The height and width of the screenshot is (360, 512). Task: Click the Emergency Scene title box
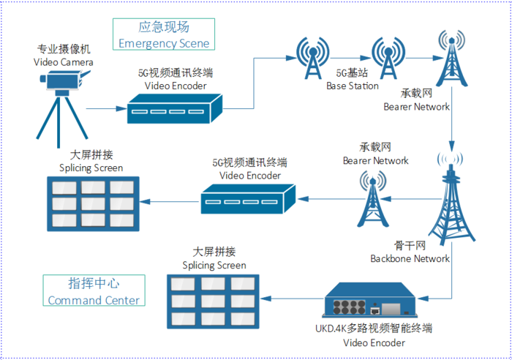(164, 34)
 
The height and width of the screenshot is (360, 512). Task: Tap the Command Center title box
(94, 290)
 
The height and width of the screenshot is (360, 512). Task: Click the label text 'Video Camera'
(64, 62)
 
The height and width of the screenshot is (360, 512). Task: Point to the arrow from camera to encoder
(107, 108)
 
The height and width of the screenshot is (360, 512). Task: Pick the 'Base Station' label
(353, 86)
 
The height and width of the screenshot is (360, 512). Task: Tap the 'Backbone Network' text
(410, 259)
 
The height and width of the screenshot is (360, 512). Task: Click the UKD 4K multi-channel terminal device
(369, 300)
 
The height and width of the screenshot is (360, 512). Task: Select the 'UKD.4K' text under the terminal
(331, 329)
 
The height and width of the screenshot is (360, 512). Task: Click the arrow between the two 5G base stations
(350, 58)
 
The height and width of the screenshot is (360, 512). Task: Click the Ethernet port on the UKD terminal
(375, 310)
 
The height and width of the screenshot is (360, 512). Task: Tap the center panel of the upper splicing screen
(93, 204)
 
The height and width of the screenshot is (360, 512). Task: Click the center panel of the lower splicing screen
(213, 301)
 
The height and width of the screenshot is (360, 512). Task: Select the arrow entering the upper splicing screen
(169, 201)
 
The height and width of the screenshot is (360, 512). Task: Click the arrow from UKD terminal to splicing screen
(293, 299)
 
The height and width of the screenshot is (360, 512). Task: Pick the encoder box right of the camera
(175, 108)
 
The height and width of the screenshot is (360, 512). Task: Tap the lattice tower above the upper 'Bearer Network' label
(451, 58)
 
